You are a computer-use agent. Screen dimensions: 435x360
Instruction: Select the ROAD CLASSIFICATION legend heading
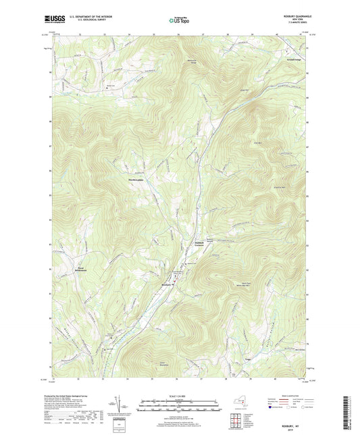(x=286, y=395)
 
